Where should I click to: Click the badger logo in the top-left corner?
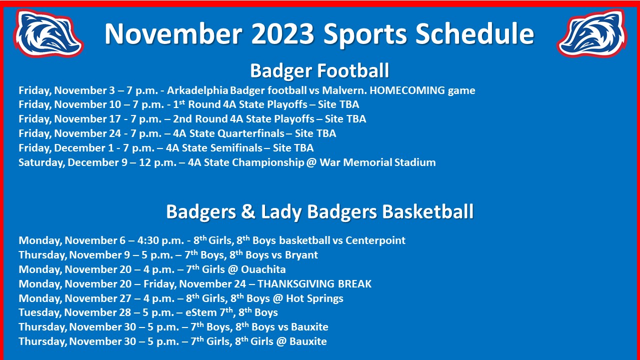(x=48, y=33)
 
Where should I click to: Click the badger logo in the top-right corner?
(x=591, y=33)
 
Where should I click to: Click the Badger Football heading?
(x=319, y=70)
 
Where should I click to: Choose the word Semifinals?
(x=238, y=148)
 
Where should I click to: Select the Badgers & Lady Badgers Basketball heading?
(x=319, y=211)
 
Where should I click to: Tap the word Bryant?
(x=301, y=255)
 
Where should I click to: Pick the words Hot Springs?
(x=319, y=298)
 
